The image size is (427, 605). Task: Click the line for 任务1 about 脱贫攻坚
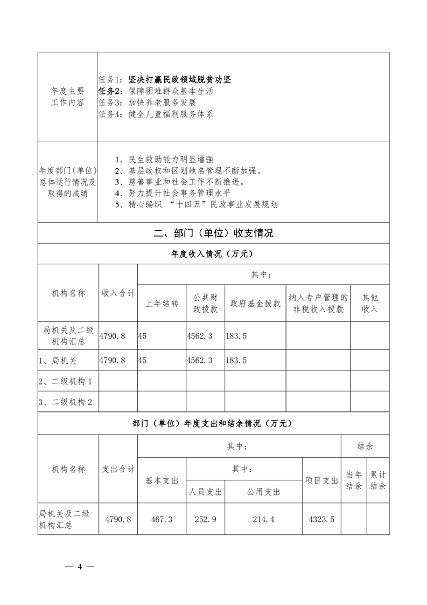165,80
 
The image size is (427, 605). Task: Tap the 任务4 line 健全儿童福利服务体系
155,114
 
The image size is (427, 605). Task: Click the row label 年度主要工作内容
67,97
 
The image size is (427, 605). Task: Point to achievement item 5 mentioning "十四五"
197,204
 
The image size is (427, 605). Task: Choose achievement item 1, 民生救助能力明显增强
164,160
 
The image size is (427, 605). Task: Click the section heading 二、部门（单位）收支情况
213,233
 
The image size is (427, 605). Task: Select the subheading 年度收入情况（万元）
213,253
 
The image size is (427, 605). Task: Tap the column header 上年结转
162,304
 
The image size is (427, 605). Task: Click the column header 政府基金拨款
255,304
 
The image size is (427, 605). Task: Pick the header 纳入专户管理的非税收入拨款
318,304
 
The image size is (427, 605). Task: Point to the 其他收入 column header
369,304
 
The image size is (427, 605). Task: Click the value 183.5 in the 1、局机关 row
237,360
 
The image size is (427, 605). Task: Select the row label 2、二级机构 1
65,382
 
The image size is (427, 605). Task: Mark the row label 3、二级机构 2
65,402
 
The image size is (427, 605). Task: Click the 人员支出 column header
206,492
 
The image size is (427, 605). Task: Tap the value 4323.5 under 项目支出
321,519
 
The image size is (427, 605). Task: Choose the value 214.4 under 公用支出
263,519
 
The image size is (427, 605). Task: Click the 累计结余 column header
378,480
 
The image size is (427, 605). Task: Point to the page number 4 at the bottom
79,567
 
